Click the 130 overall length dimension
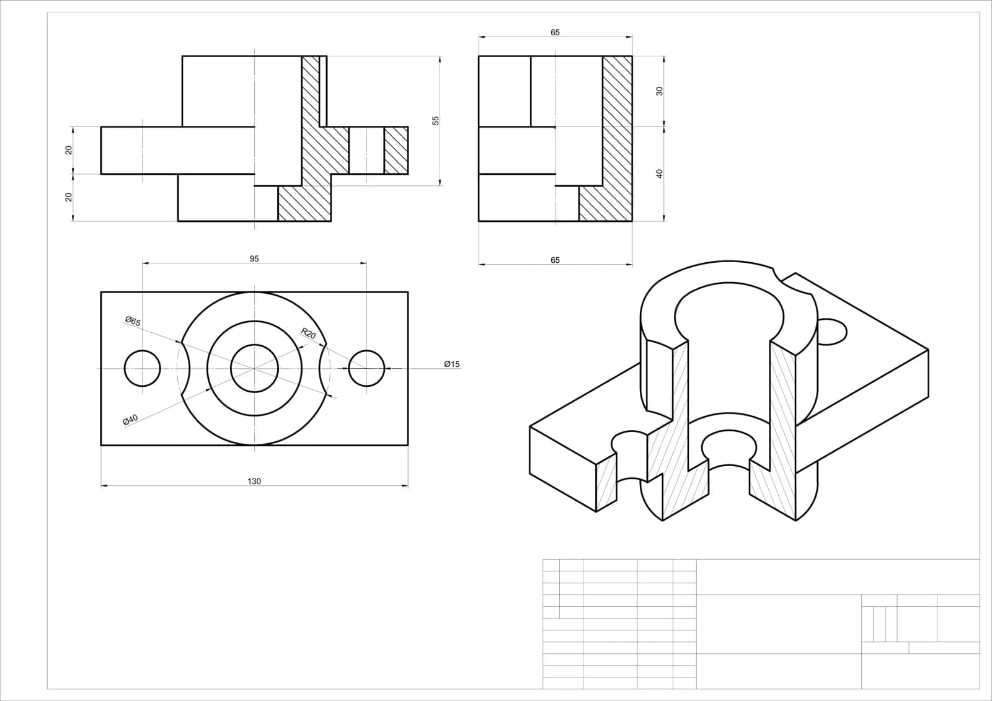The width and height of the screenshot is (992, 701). point(254,482)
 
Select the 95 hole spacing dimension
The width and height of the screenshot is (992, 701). point(254,258)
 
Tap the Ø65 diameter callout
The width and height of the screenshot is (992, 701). point(133,321)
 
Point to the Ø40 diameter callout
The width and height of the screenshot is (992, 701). point(131,420)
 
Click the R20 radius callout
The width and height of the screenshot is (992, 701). point(308,333)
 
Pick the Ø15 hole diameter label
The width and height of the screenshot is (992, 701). point(452,364)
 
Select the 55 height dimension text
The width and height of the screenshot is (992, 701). point(436,120)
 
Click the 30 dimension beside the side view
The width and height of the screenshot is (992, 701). point(660,90)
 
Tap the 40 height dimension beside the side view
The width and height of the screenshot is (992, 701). point(660,174)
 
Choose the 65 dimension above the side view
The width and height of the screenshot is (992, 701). point(555,32)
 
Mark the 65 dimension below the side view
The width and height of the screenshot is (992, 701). point(555,260)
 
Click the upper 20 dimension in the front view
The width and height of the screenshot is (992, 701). point(69,150)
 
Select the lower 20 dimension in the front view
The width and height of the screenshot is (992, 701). point(69,197)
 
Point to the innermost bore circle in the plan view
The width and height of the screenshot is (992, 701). point(255,345)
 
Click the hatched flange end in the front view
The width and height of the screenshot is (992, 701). point(396,150)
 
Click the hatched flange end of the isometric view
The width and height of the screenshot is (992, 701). point(607,483)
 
